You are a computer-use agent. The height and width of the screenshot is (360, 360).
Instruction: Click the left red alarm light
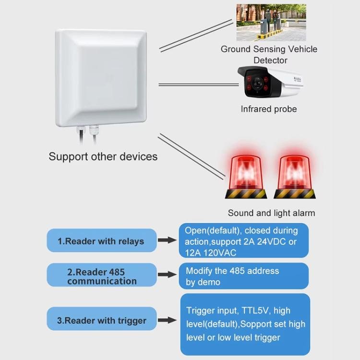(246, 175)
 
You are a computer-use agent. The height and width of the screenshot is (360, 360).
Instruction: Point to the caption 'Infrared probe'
(269, 109)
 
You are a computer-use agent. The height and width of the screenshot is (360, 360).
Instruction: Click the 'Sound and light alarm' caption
(271, 213)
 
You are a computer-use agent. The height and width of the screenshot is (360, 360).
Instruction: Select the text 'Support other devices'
(103, 156)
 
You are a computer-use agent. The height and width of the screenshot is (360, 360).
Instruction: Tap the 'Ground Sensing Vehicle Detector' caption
(269, 54)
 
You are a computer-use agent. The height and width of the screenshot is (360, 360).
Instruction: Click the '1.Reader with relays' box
(101, 241)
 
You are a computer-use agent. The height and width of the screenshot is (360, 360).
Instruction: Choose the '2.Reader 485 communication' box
(101, 276)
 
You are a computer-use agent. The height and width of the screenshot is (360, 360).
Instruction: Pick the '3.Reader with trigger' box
(101, 320)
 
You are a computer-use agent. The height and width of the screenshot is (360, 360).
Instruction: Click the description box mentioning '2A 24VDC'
(243, 241)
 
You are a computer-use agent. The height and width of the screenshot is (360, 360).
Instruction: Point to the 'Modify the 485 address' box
(243, 276)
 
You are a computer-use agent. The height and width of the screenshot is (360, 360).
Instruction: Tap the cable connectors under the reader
(86, 130)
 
